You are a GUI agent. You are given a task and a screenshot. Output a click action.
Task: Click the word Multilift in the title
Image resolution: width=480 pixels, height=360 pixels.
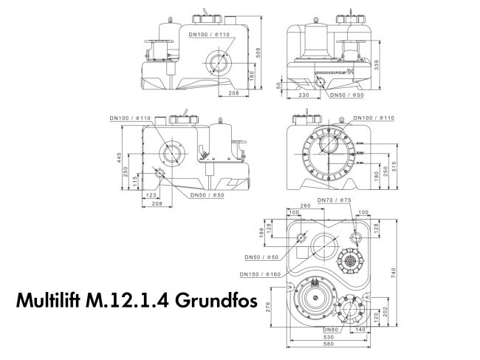coord(49,303)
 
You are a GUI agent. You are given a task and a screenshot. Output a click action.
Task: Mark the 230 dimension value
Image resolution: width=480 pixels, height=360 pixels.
coord(304,95)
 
